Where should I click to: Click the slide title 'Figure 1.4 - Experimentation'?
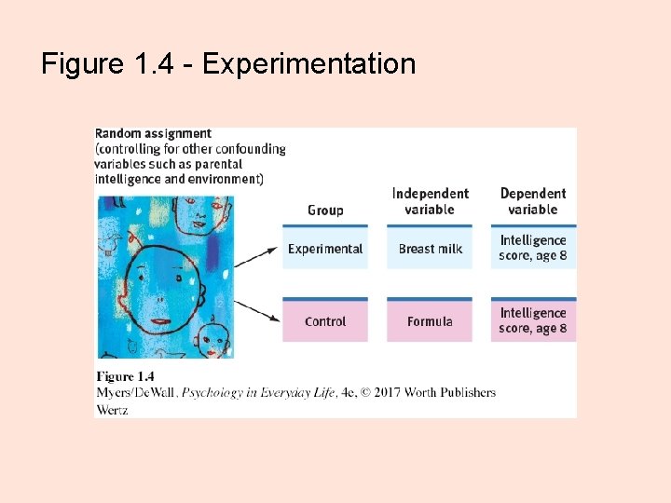point(228,64)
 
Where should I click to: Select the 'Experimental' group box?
point(325,249)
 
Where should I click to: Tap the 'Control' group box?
point(325,321)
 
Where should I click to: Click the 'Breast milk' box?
point(430,249)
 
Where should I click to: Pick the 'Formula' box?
point(430,321)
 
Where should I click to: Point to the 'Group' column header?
point(325,211)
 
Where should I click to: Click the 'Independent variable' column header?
point(430,201)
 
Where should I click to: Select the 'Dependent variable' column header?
point(533,201)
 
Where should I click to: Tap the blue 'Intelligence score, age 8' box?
point(533,248)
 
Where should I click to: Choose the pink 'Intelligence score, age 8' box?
point(533,320)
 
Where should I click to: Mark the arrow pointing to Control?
point(257,309)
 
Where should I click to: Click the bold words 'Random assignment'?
point(154,134)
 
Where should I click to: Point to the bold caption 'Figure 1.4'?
point(125,377)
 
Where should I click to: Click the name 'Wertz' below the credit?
point(112,409)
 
